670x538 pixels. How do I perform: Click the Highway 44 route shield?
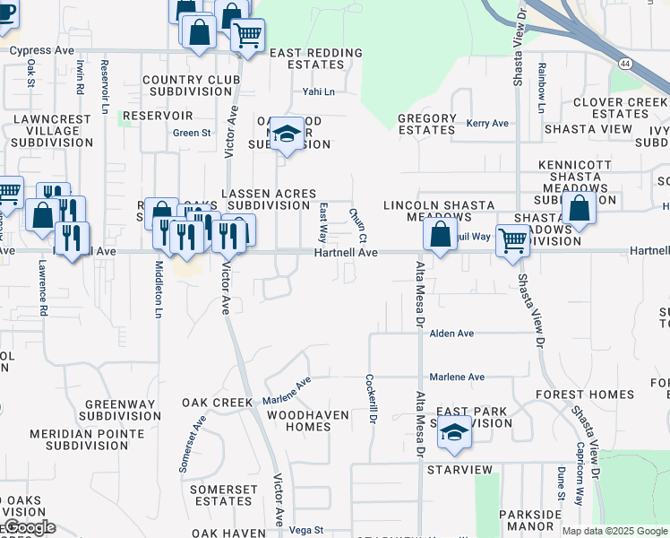click(x=624, y=64)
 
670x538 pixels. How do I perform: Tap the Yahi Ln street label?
click(x=318, y=91)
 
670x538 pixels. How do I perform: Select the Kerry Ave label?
click(x=487, y=123)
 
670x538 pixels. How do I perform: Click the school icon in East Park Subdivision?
click(x=454, y=433)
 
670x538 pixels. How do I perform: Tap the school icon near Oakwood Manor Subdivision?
click(x=287, y=134)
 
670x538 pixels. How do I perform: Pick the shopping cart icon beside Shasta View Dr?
click(x=512, y=239)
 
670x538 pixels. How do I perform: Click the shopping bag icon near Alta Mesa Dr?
click(x=440, y=236)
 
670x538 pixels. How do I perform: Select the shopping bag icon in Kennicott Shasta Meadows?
click(x=580, y=209)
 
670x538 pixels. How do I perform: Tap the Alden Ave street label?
click(x=451, y=333)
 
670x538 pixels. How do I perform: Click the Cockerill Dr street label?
click(x=371, y=398)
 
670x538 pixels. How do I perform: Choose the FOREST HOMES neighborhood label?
click(x=585, y=395)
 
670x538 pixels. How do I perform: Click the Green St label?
click(x=192, y=133)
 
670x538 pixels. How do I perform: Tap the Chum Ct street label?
click(x=357, y=226)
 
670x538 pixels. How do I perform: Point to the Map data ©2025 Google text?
click(x=614, y=531)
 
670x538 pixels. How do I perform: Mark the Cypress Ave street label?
click(x=41, y=50)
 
